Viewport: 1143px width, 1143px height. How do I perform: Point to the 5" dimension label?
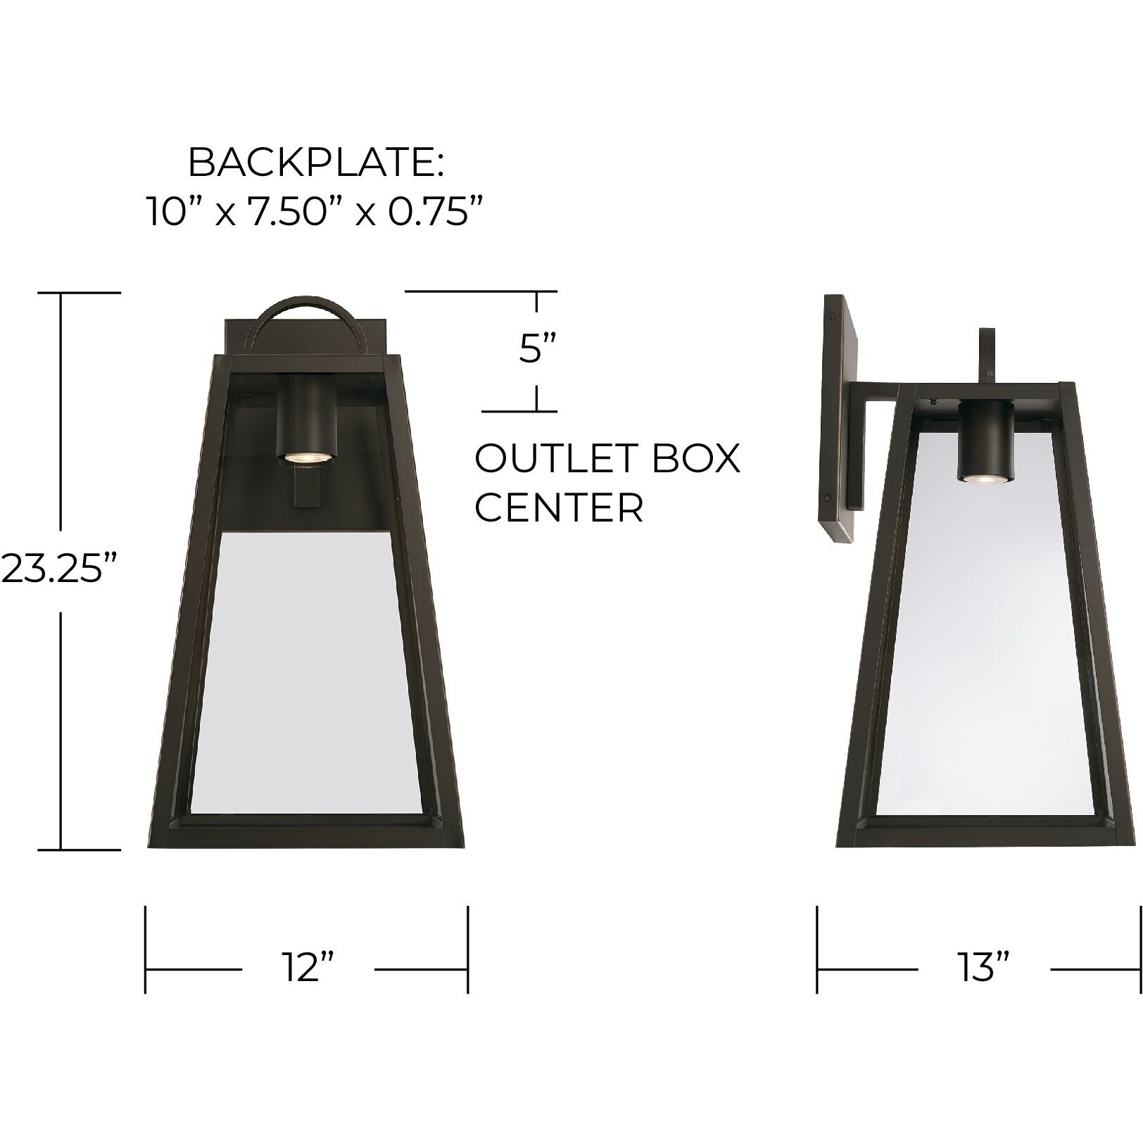click(538, 349)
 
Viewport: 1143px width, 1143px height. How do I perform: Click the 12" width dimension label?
click(308, 968)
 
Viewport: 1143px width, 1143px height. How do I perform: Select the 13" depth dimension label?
click(983, 968)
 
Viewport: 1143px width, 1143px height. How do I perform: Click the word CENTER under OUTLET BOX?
click(559, 507)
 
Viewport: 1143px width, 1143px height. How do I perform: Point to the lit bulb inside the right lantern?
click(985, 479)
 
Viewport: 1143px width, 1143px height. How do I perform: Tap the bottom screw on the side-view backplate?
click(833, 495)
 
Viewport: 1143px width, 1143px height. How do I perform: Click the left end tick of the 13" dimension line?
click(817, 949)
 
